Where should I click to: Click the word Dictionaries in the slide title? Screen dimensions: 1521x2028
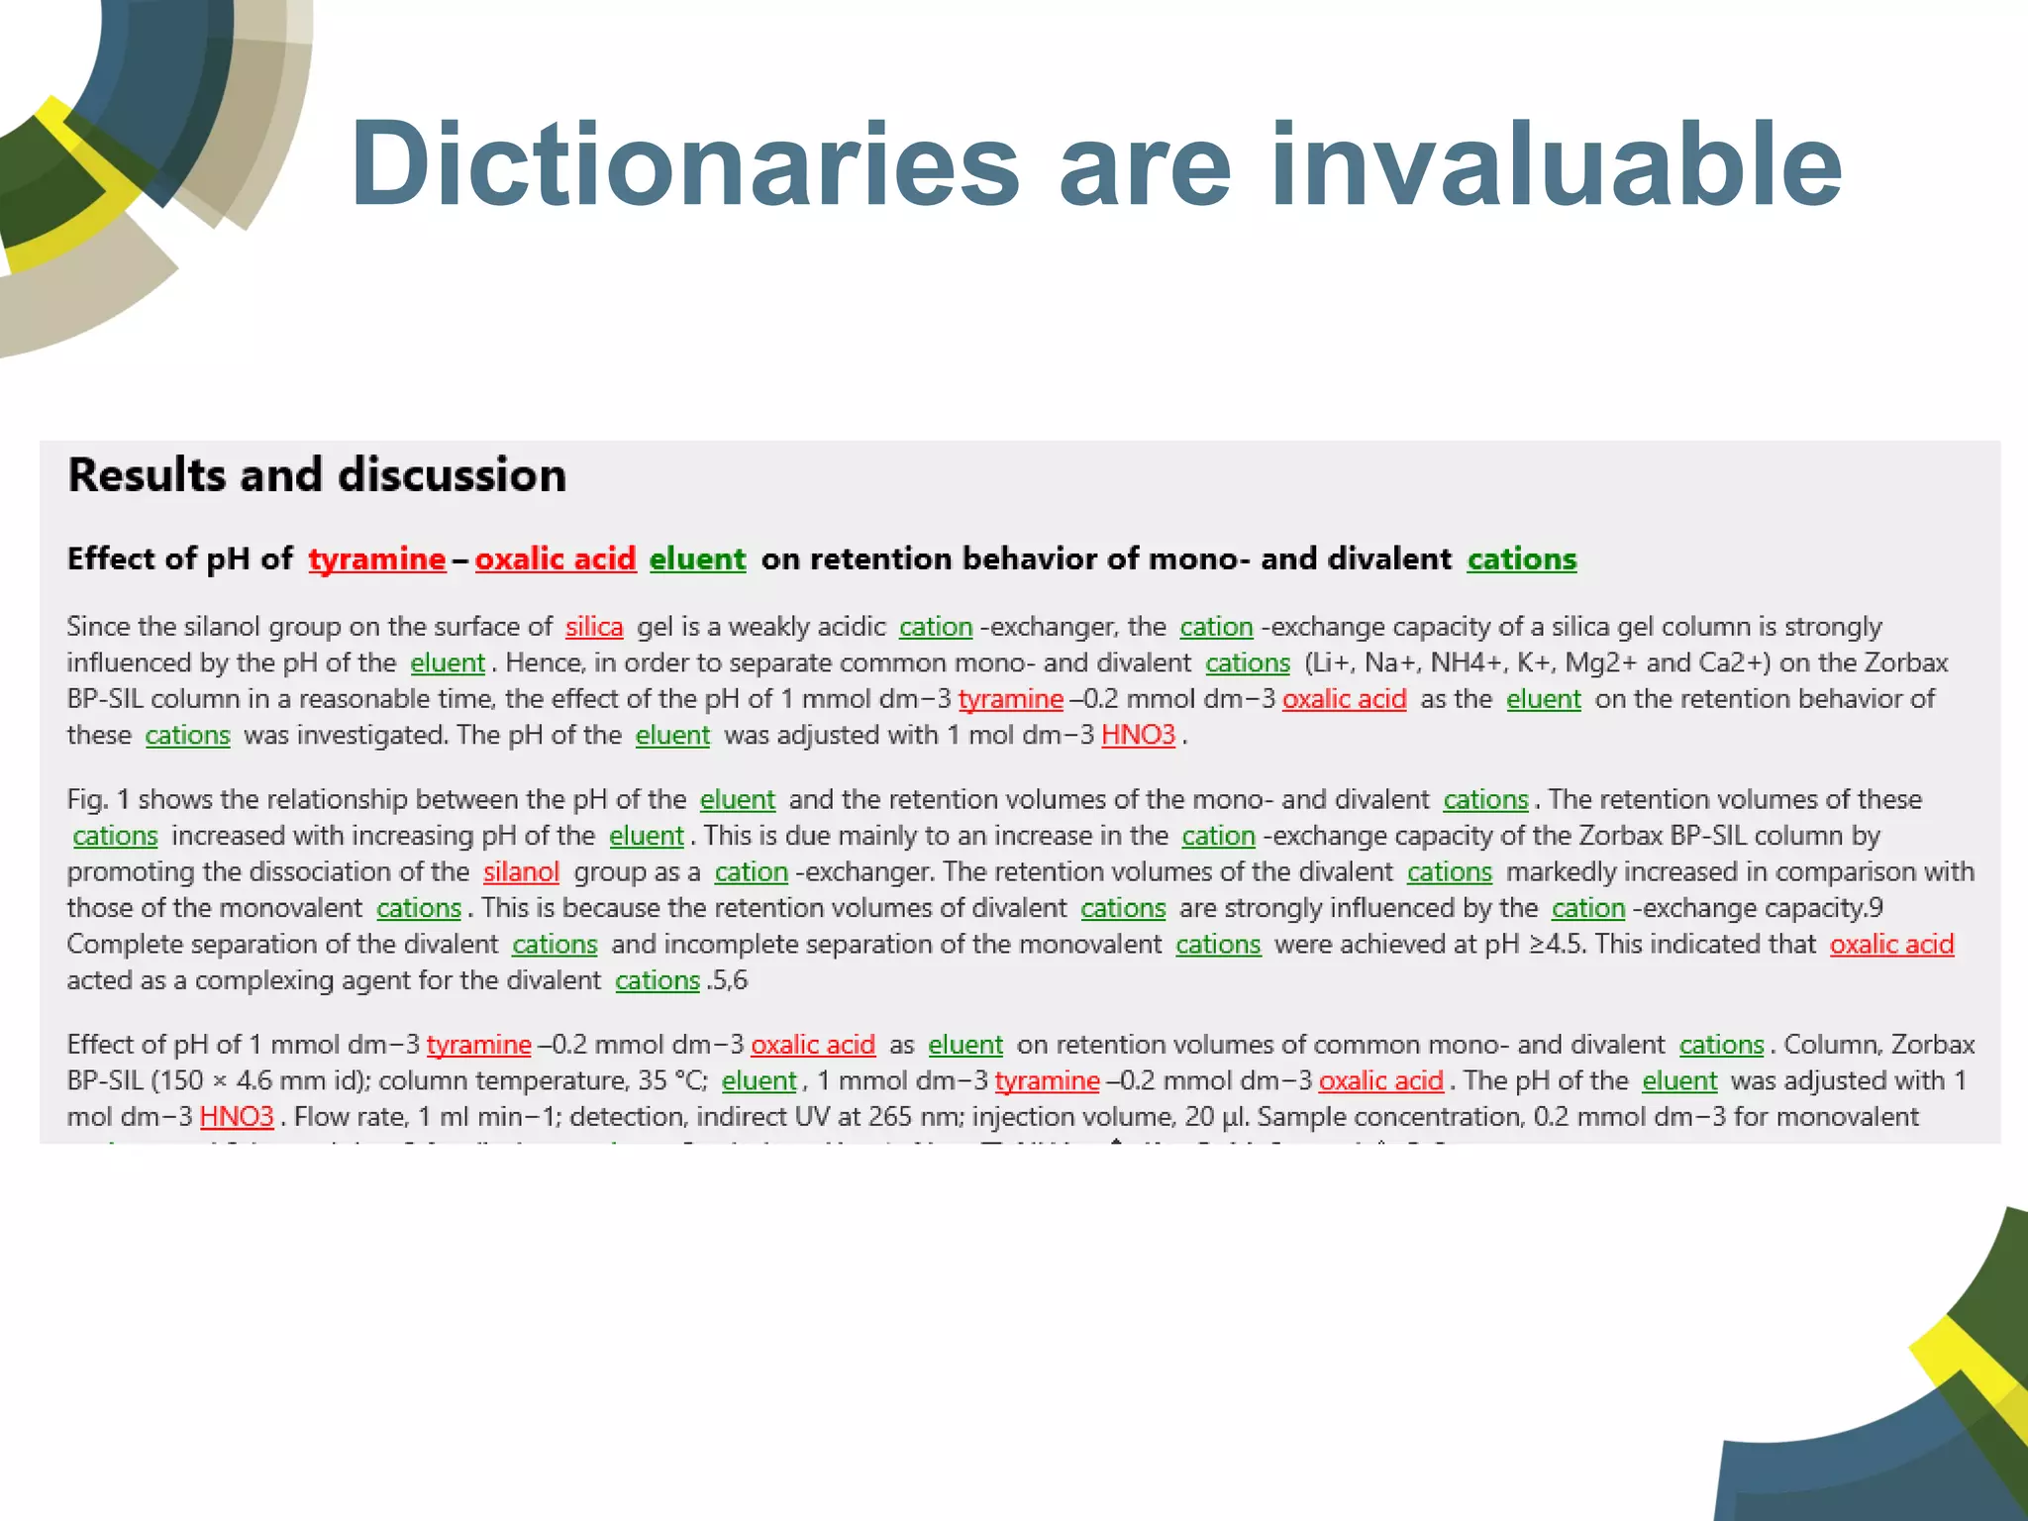click(684, 163)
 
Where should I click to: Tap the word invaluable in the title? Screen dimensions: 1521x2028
click(1556, 163)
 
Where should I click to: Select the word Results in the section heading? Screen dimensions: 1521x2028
click(147, 475)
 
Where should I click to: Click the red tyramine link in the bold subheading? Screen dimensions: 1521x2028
click(376, 559)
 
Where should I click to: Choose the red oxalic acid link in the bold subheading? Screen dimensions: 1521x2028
click(555, 559)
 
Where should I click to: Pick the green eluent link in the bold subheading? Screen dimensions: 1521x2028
click(697, 559)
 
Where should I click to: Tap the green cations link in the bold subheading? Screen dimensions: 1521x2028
click(1521, 559)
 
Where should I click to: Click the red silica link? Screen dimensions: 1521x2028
click(594, 627)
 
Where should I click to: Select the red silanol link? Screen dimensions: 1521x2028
click(521, 872)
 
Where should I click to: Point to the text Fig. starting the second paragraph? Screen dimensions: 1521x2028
click(86, 799)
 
